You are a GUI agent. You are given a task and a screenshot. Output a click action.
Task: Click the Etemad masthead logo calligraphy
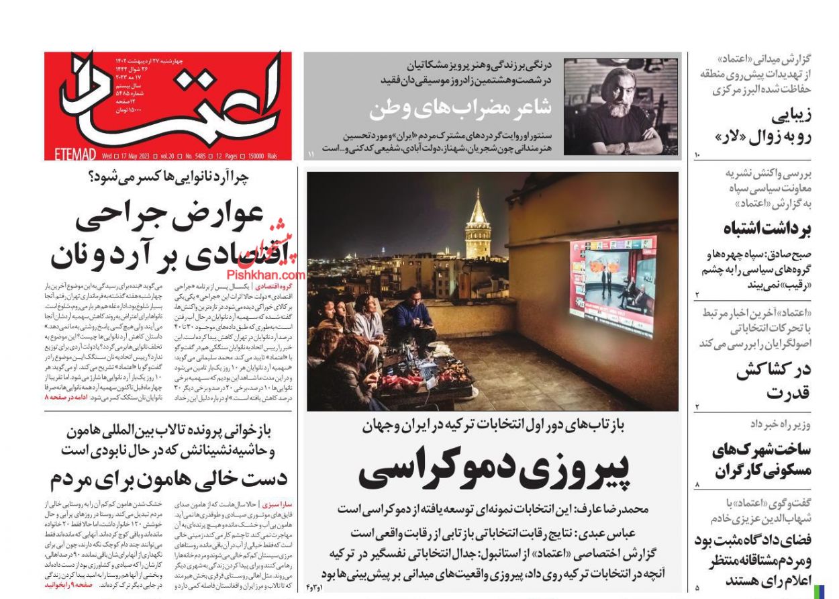click(x=168, y=101)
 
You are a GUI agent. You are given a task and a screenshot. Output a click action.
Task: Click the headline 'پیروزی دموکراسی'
click(x=495, y=469)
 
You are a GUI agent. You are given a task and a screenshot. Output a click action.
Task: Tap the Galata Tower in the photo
click(x=478, y=225)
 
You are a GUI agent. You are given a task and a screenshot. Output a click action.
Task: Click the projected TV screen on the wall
click(x=612, y=285)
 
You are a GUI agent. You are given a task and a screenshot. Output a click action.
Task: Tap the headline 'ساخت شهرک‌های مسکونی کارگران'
click(x=761, y=459)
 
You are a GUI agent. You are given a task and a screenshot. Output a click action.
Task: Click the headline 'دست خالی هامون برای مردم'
click(x=168, y=478)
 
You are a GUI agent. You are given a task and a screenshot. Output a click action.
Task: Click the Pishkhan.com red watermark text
click(x=265, y=275)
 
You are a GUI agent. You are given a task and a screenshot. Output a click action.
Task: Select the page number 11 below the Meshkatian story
click(x=311, y=155)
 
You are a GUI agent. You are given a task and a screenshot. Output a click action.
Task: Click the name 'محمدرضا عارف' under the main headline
click(x=618, y=509)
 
